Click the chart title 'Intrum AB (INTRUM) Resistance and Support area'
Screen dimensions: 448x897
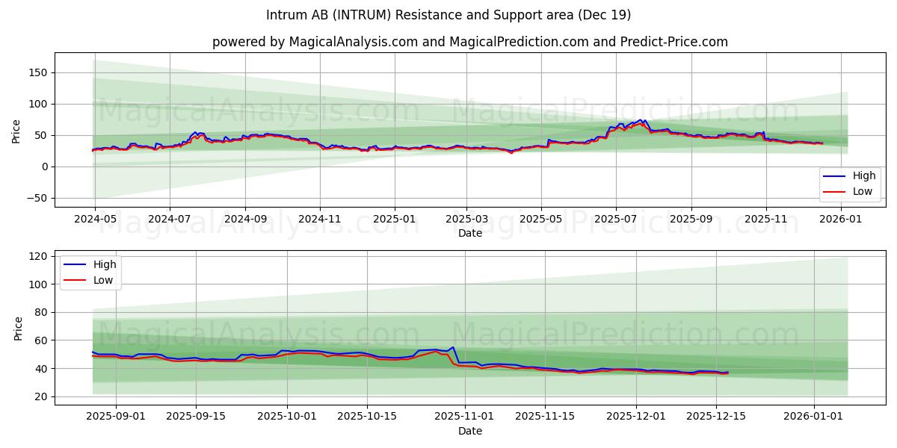pyautogui.click(x=449, y=15)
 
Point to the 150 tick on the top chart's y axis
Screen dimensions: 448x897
pyautogui.click(x=37, y=72)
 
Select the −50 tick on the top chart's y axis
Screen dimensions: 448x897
pyautogui.click(x=34, y=198)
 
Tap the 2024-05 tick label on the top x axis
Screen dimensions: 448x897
pyautogui.click(x=94, y=220)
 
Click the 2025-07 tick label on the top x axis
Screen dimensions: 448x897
pyautogui.click(x=616, y=220)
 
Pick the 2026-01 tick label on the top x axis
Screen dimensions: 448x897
pyautogui.click(x=841, y=220)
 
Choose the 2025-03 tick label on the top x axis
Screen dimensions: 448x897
pyautogui.click(x=467, y=220)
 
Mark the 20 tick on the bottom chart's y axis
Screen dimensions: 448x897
pyautogui.click(x=40, y=396)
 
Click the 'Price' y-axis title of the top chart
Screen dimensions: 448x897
pyautogui.click(x=16, y=131)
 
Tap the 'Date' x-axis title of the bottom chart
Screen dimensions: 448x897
pyautogui.click(x=469, y=431)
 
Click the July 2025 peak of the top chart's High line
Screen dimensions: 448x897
pyautogui.click(x=641, y=119)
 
